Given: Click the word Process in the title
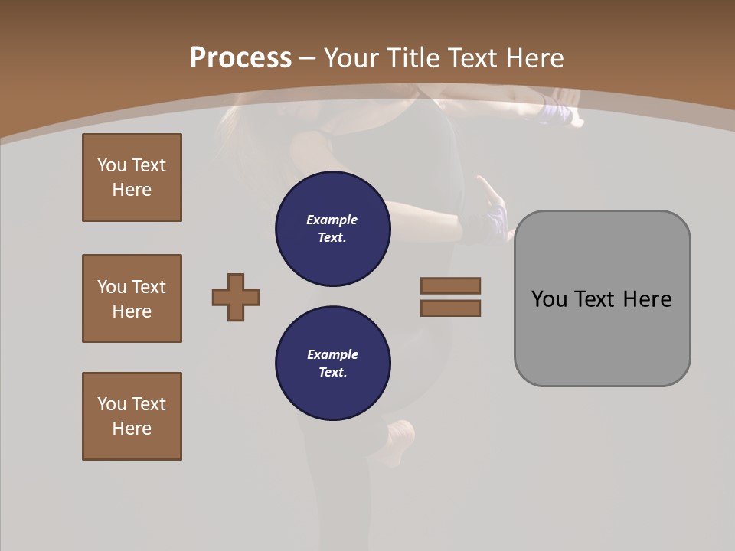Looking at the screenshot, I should [240, 58].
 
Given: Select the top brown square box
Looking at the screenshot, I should [132, 178].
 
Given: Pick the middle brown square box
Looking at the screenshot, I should [132, 298].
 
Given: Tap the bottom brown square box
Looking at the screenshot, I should [132, 416].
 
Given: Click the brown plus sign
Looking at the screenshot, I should [236, 297].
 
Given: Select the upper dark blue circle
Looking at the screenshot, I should [333, 229].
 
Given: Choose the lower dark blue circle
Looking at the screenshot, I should [333, 364].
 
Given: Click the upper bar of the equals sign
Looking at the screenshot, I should [450, 285].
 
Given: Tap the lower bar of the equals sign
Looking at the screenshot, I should [450, 308].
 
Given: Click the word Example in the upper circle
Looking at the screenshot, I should [332, 220].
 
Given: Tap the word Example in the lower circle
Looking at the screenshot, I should [332, 354].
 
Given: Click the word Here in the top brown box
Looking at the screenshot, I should [132, 190].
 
